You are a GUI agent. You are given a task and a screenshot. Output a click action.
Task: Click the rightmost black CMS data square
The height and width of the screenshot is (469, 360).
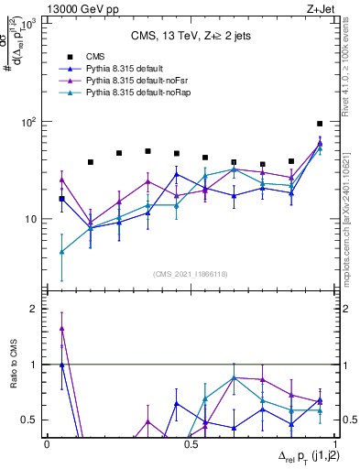pyautogui.click(x=320, y=123)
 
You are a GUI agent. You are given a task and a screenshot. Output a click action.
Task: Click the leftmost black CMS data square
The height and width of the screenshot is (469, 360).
pyautogui.click(x=61, y=198)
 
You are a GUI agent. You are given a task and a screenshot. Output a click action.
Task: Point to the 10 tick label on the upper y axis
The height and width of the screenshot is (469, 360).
pyautogui.click(x=32, y=220)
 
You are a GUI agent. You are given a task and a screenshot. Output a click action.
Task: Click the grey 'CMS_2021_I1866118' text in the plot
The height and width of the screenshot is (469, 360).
pyautogui.click(x=191, y=274)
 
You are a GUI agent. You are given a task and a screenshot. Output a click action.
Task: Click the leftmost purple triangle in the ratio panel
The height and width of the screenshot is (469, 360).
pyautogui.click(x=61, y=328)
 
